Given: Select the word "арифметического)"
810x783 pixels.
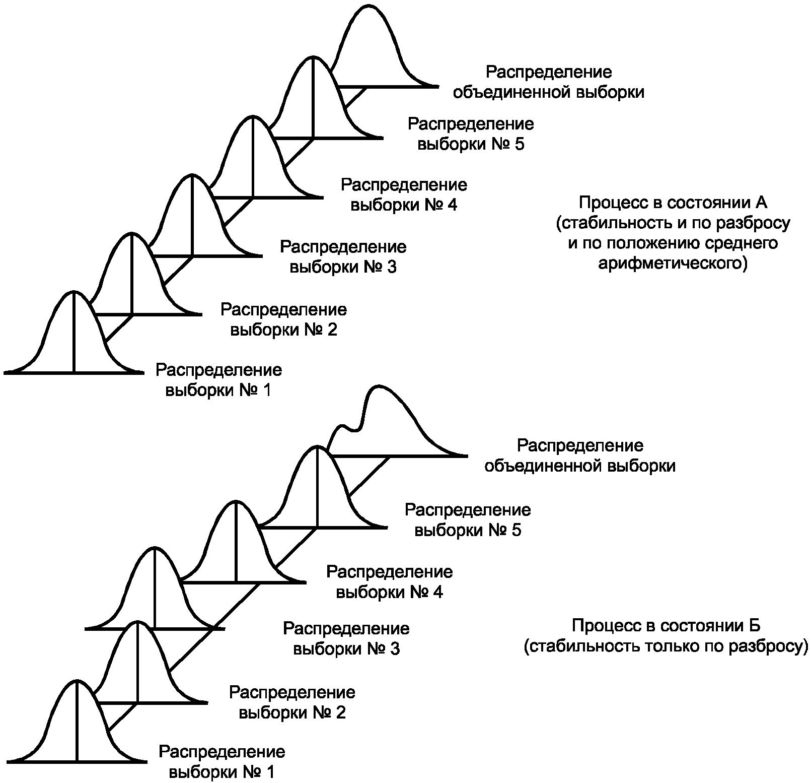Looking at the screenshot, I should [673, 263].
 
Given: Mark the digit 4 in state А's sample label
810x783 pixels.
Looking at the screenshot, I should [452, 206].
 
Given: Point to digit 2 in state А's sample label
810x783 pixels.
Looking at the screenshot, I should [332, 330].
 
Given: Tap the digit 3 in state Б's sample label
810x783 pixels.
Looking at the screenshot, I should [394, 649].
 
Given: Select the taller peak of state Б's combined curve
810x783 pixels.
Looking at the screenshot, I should [378, 387].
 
